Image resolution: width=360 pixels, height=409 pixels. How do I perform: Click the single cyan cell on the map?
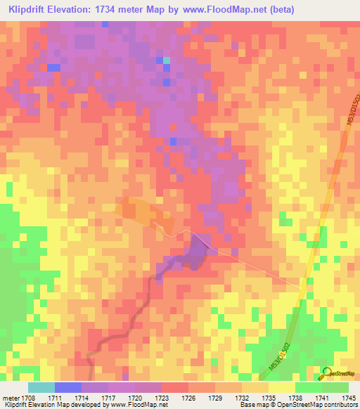pyautogui.click(x=167, y=60)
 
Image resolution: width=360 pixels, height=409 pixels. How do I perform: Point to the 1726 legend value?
pyautogui.click(x=188, y=398)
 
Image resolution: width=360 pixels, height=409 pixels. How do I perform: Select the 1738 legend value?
pyautogui.click(x=295, y=398)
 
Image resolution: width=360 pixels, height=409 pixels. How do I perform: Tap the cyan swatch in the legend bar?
pyautogui.click(x=41, y=387)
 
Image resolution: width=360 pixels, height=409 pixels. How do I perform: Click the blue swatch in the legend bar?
pyautogui.click(x=67, y=387)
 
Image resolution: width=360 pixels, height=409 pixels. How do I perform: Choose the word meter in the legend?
pyautogui.click(x=10, y=398)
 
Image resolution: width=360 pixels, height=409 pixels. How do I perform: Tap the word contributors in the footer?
pyautogui.click(x=340, y=405)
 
